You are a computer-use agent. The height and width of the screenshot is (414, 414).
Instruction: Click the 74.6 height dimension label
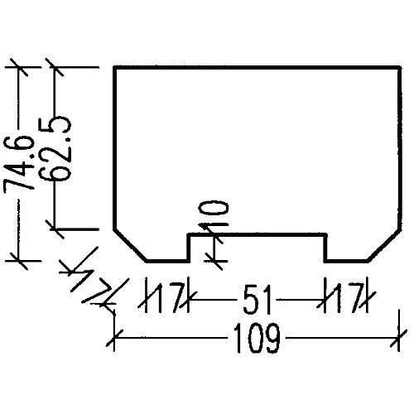point(19,164)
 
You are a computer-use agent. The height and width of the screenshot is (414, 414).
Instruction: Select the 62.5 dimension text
point(55,148)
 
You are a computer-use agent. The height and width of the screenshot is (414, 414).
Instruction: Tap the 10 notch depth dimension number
point(214,214)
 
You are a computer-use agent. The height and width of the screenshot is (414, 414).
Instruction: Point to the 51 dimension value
point(258,300)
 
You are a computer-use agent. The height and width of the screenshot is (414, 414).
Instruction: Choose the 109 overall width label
point(257,338)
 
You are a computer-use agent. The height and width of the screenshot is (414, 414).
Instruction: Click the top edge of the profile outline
point(258,67)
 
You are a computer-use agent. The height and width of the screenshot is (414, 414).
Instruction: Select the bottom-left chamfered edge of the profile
point(130,245)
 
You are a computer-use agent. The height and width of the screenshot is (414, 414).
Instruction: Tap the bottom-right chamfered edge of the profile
point(384,245)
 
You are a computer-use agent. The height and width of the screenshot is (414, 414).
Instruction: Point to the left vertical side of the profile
point(115,148)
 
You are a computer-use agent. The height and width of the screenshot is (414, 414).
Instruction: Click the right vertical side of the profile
point(400,148)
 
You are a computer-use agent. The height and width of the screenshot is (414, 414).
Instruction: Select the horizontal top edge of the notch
point(258,234)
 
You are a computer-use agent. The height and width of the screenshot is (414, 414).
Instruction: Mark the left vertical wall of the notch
point(189,248)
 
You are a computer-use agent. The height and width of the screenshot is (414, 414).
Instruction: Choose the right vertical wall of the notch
point(325,248)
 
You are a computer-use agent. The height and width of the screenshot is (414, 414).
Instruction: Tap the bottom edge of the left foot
point(168,261)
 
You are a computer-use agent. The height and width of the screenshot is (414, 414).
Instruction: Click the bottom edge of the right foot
point(347,261)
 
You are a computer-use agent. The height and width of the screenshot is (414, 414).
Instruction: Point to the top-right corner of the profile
point(400,67)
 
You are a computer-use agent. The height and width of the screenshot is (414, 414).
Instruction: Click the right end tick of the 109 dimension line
point(399,338)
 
